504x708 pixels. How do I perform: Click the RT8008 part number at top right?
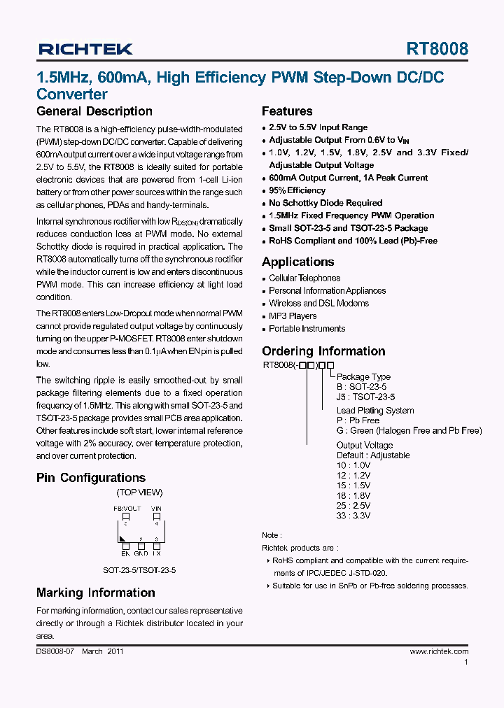pyautogui.click(x=437, y=49)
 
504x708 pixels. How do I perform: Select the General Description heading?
pyautogui.click(x=94, y=111)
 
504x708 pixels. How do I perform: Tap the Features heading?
pyautogui.click(x=287, y=111)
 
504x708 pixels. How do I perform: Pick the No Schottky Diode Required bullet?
pyautogui.click(x=325, y=203)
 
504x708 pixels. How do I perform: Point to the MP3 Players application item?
pyautogui.click(x=293, y=316)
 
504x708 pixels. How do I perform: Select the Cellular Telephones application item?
pyautogui.click(x=304, y=278)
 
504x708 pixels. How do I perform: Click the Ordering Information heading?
pyautogui.click(x=323, y=351)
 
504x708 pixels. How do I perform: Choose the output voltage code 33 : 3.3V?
pyautogui.click(x=353, y=516)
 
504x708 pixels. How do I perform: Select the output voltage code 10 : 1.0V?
pyautogui.click(x=353, y=465)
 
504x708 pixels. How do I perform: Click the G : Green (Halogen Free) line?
pyautogui.click(x=409, y=431)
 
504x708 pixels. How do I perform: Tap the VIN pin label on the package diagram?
pyautogui.click(x=157, y=509)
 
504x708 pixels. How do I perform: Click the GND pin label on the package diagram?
pyautogui.click(x=141, y=553)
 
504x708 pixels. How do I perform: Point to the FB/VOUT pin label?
pyautogui.click(x=127, y=509)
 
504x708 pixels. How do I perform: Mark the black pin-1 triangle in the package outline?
pyautogui.click(x=123, y=538)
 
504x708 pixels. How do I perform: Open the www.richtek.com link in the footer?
pyautogui.click(x=439, y=651)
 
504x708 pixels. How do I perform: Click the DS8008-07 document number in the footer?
pyautogui.click(x=55, y=651)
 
